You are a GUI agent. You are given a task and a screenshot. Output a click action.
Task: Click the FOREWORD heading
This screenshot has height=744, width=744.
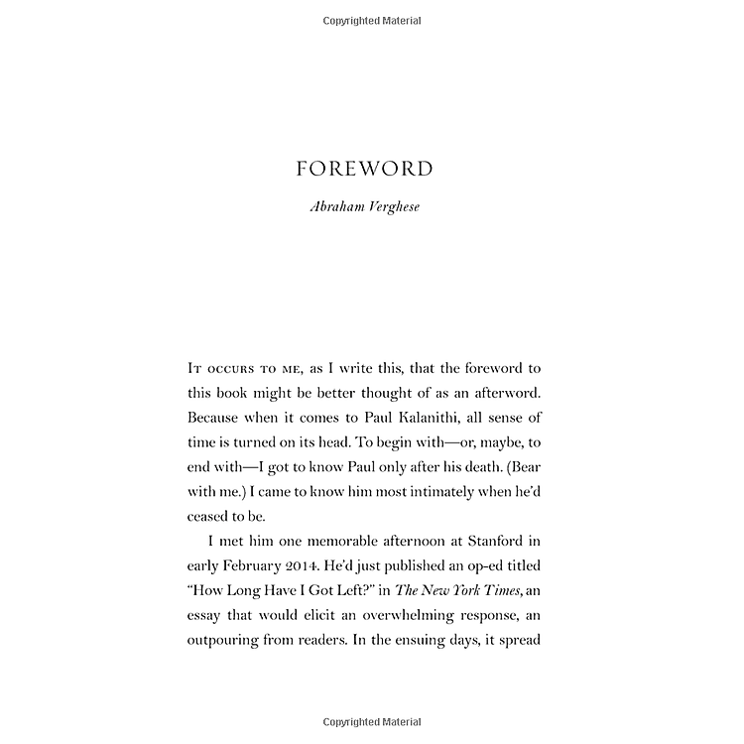click(x=365, y=169)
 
